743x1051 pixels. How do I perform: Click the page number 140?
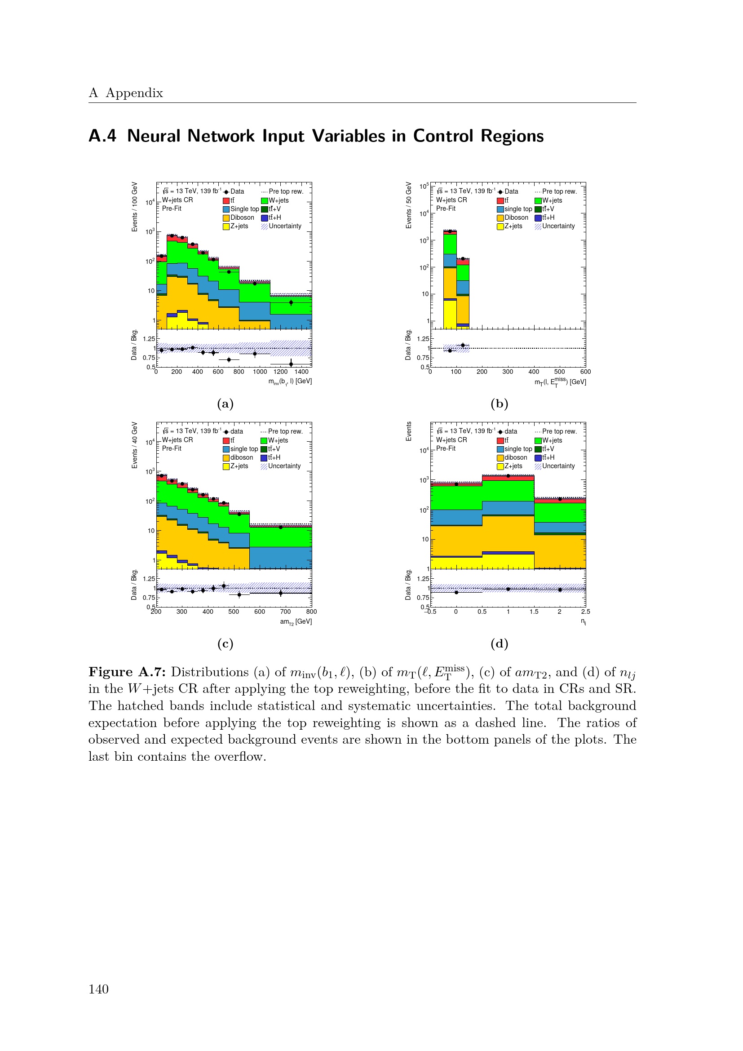98,989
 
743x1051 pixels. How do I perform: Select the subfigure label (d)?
499,643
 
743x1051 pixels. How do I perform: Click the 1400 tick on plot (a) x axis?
301,372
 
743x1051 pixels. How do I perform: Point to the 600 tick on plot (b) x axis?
585,372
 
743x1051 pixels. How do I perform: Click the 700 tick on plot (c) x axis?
286,612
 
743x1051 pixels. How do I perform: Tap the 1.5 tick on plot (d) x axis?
534,612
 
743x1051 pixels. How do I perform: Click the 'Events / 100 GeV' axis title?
134,207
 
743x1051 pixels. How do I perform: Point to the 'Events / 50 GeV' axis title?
408,205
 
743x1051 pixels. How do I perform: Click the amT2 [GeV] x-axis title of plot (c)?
296,621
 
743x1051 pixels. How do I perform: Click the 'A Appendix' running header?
126,93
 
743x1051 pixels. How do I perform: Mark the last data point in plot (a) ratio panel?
291,364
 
